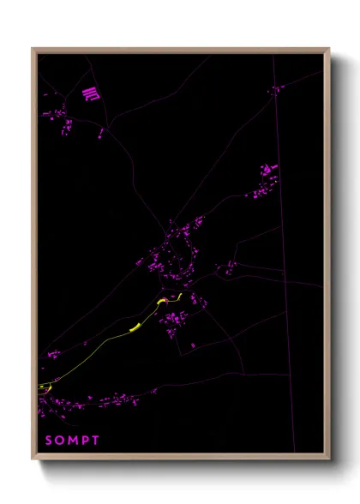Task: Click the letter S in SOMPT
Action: [x=48, y=441]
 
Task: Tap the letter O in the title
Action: [x=60, y=441]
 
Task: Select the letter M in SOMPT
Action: [x=74, y=441]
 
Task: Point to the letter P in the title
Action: [x=86, y=441]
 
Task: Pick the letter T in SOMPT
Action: [x=96, y=441]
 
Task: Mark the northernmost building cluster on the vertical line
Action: [x=276, y=89]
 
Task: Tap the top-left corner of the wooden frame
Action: [x=33, y=50]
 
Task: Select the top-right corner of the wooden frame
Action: [x=328, y=50]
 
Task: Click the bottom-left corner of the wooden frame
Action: [x=33, y=459]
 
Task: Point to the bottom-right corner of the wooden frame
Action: [x=328, y=459]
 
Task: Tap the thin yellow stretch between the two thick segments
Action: [x=147, y=316]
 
